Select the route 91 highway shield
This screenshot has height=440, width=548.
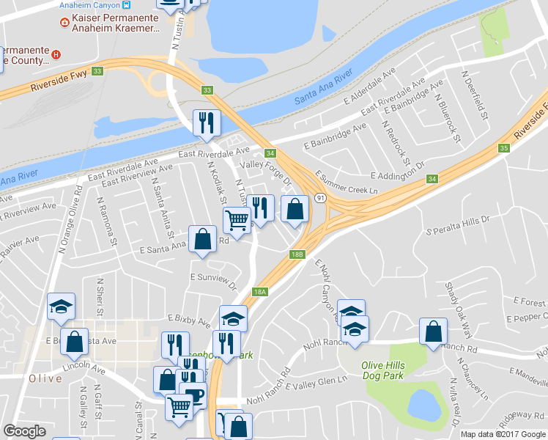(321, 198)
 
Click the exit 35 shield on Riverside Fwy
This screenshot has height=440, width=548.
(503, 148)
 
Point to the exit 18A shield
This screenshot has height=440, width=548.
(259, 291)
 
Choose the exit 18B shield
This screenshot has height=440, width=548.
(296, 254)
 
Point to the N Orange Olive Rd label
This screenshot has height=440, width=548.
(73, 221)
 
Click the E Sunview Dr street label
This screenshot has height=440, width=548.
(214, 281)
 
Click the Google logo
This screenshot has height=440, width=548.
(24, 431)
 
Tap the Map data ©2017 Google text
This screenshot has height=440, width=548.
(502, 434)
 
